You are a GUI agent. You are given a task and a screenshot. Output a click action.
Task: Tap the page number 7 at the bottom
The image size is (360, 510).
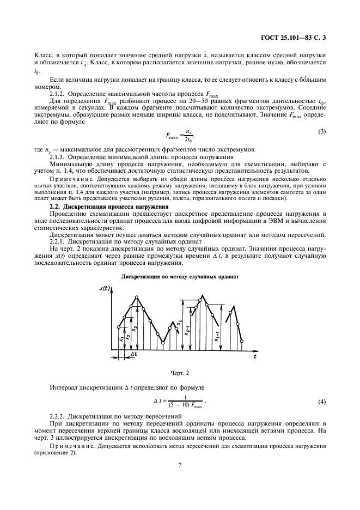179,465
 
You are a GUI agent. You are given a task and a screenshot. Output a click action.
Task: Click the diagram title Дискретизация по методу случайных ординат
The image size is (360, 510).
180,276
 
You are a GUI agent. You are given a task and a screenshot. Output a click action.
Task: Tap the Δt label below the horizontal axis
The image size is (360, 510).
133,354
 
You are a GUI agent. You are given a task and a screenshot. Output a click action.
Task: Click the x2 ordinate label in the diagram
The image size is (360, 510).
128,337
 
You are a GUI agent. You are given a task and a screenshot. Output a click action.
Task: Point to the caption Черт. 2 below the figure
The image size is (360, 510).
180,374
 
